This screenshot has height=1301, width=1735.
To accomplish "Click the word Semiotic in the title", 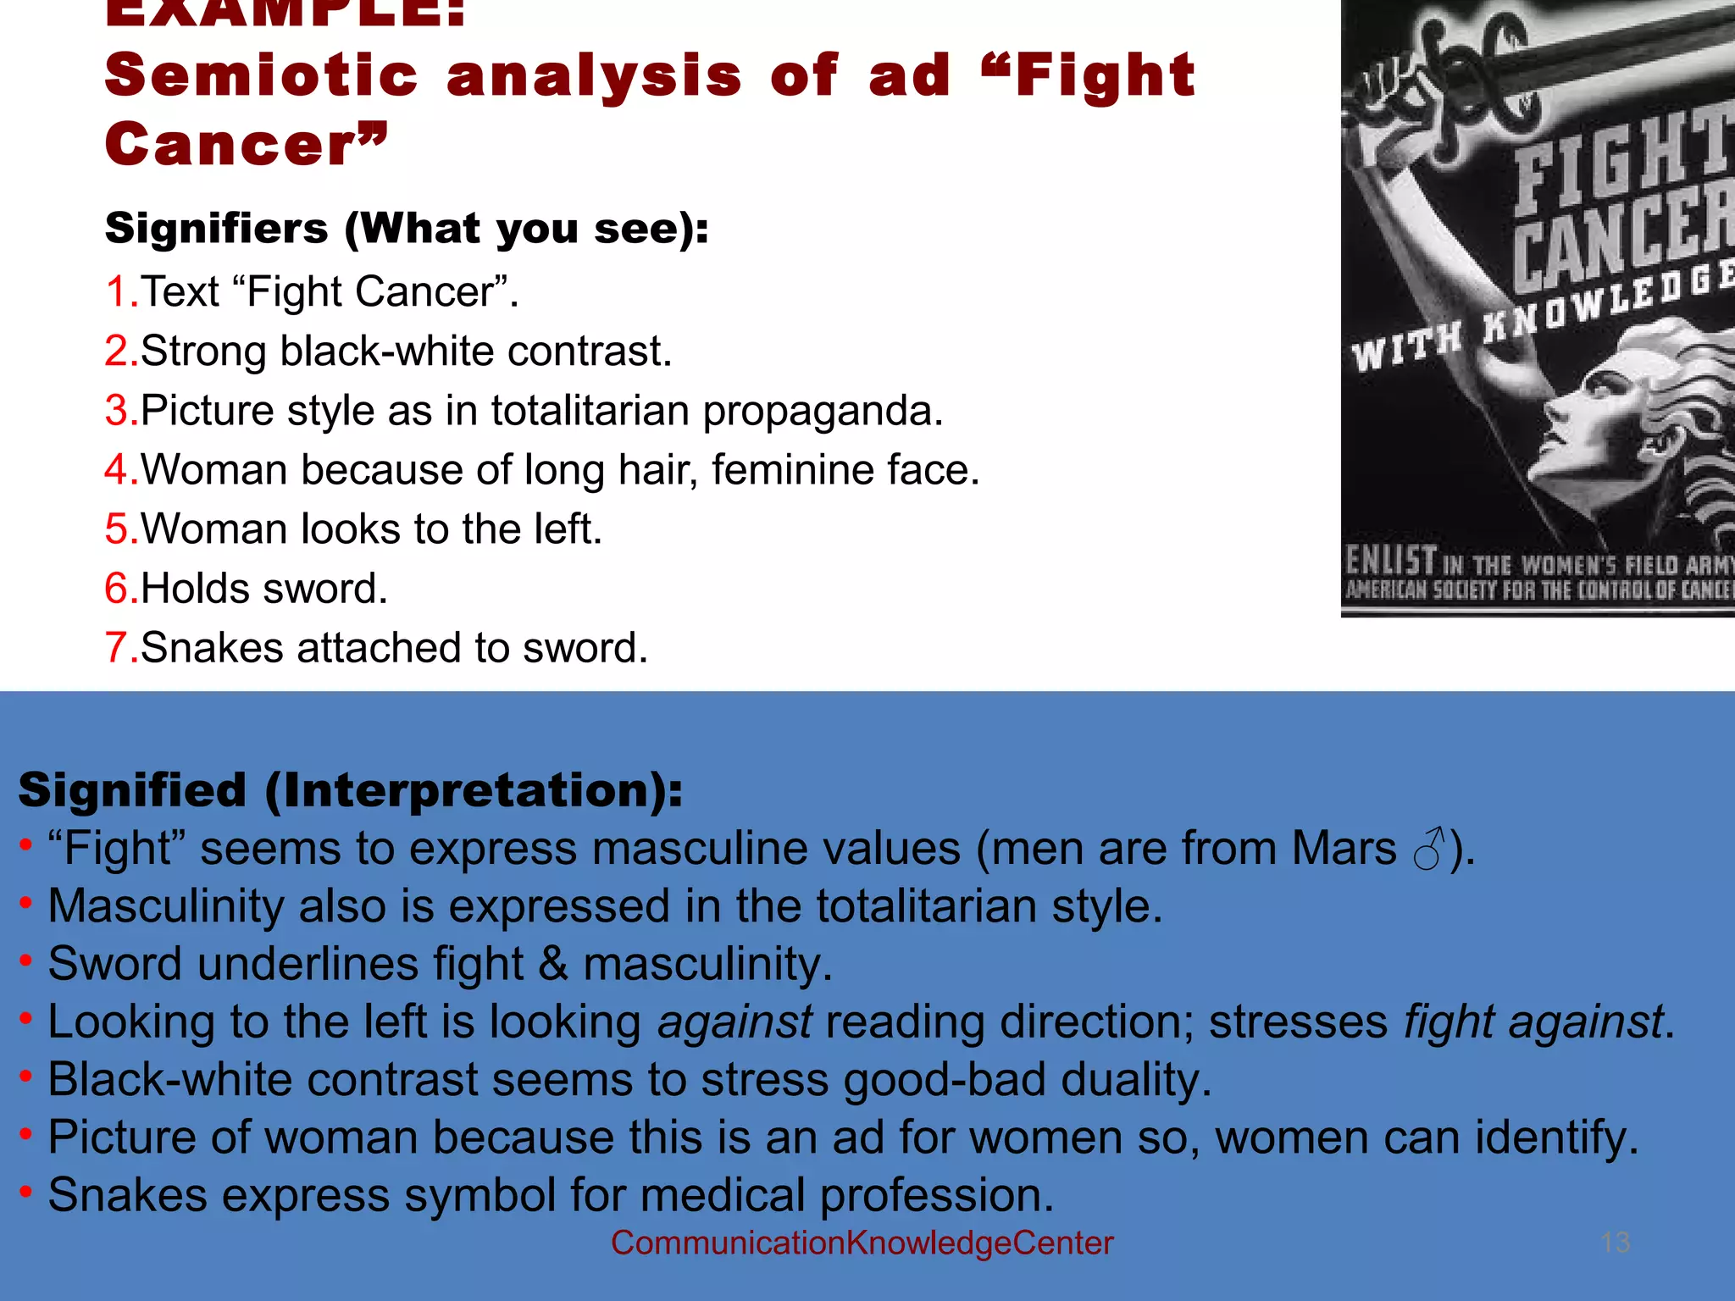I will click(261, 75).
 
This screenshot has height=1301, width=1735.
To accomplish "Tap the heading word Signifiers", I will click(216, 229).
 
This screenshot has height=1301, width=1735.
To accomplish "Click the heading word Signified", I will click(132, 790).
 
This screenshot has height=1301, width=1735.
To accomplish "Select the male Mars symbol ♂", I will click(1428, 849).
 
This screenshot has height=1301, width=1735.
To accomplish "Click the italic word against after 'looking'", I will click(734, 1021).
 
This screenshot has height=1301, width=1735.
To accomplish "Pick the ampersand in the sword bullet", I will click(553, 964).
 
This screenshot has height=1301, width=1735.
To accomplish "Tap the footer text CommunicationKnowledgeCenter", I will click(862, 1243).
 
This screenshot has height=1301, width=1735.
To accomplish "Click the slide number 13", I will click(1616, 1243).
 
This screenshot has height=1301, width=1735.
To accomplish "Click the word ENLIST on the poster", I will click(1391, 560).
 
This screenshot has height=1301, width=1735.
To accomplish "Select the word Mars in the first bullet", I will click(1344, 849).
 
